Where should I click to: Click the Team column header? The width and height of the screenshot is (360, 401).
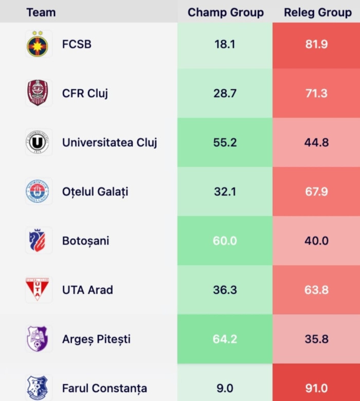(x=41, y=12)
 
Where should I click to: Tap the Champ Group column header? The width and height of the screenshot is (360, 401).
(x=225, y=12)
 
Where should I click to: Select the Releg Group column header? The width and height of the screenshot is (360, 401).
(x=317, y=12)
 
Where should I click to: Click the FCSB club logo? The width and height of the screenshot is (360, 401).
(x=38, y=44)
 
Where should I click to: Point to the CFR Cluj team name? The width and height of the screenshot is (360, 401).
(x=85, y=94)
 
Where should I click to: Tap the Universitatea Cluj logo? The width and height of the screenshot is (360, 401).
(x=38, y=143)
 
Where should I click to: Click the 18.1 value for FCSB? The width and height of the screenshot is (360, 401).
(x=225, y=44)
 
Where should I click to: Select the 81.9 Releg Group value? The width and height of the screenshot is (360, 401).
(x=316, y=44)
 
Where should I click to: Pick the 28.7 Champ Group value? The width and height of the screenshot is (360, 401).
(x=225, y=94)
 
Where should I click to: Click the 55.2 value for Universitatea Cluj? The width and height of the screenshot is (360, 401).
(x=225, y=143)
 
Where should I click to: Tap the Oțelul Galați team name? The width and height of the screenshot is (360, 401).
(x=95, y=192)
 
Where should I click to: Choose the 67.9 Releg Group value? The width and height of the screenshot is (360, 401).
(x=316, y=192)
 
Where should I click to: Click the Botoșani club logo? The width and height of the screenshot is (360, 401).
(x=38, y=240)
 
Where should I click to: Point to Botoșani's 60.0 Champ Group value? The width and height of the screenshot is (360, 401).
(x=225, y=241)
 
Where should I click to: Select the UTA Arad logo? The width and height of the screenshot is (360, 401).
(x=38, y=289)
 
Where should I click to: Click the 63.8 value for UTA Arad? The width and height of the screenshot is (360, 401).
(x=316, y=290)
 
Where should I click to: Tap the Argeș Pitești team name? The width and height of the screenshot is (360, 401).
(x=96, y=339)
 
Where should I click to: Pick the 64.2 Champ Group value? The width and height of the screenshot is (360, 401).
(x=225, y=339)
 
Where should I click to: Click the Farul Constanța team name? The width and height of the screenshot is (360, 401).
(x=104, y=388)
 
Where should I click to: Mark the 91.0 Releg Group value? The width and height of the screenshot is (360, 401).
(x=316, y=388)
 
